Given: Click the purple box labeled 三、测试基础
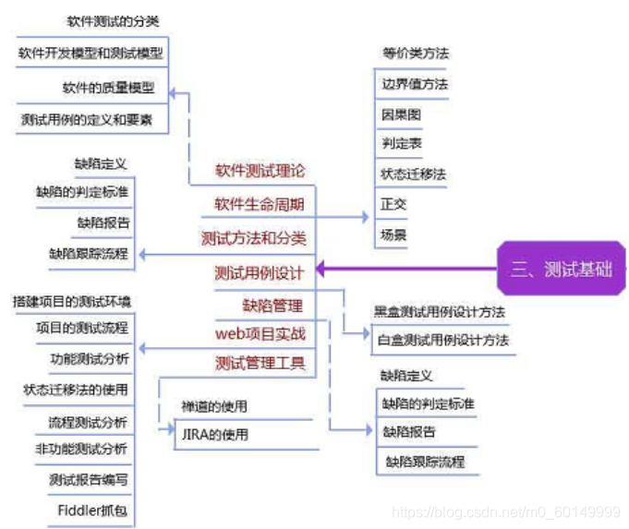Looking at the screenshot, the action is click(562, 270).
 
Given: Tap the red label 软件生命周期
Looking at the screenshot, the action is click(260, 203).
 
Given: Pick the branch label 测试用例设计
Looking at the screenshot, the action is click(260, 272).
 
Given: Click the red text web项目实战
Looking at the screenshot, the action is click(260, 333).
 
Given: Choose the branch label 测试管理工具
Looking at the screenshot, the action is click(260, 362).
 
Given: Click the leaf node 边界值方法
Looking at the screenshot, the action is click(415, 84).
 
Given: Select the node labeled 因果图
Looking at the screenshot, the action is click(401, 114).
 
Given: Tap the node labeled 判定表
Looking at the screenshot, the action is click(401, 144).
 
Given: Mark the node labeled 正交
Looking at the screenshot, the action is click(393, 203).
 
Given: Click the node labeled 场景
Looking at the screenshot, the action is click(393, 234).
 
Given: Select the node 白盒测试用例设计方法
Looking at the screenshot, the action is click(443, 340).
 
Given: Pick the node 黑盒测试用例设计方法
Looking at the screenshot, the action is click(440, 312).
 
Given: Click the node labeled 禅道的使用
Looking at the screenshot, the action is click(214, 406).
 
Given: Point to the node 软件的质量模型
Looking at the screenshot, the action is click(108, 89).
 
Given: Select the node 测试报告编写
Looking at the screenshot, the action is click(89, 479).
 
